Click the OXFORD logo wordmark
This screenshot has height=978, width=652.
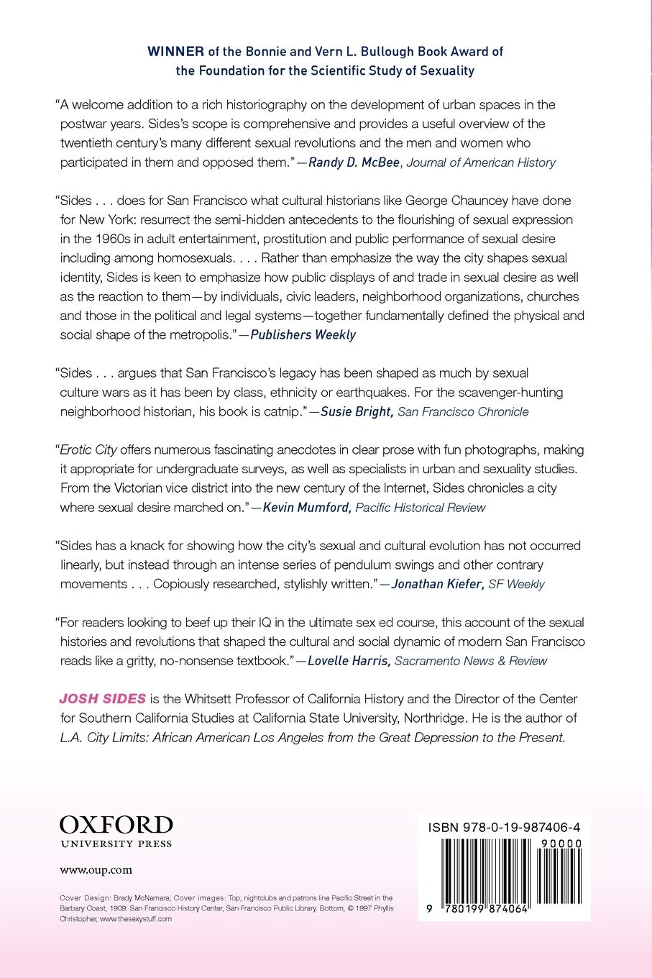click(116, 824)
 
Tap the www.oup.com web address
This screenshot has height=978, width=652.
click(96, 869)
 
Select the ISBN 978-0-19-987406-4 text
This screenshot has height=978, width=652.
click(504, 827)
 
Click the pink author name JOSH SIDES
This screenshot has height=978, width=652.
click(103, 698)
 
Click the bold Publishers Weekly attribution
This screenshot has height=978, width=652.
click(303, 334)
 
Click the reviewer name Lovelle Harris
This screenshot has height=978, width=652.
click(349, 660)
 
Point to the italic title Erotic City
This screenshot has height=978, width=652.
click(88, 449)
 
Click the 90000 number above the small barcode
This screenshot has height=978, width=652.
click(563, 844)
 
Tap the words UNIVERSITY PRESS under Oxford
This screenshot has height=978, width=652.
click(116, 844)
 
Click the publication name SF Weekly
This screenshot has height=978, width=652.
click(516, 584)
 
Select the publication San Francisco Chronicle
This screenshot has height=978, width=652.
click(463, 411)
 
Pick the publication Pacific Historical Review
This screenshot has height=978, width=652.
click(421, 507)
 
